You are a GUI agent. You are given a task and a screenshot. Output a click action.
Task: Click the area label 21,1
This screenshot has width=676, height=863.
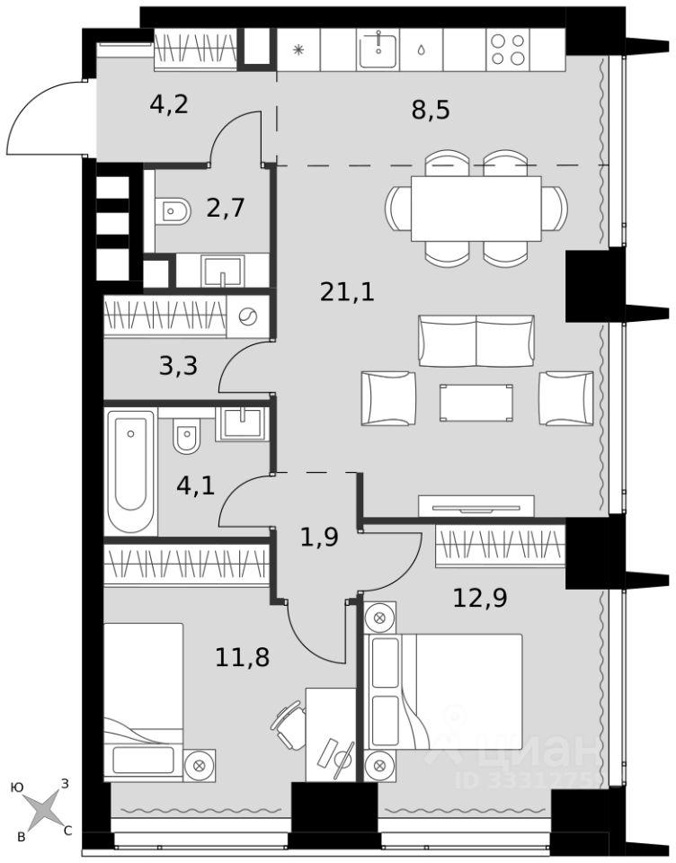347,291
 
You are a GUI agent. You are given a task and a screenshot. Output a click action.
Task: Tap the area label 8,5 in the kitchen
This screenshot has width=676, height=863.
431,110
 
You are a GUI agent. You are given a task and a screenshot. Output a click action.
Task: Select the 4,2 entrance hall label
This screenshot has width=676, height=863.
169,104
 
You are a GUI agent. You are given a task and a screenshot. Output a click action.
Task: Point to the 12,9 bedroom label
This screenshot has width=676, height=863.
479,598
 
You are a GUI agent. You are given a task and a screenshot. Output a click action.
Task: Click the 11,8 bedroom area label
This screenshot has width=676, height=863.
242,657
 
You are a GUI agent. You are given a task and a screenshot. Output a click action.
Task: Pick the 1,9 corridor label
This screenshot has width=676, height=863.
319,538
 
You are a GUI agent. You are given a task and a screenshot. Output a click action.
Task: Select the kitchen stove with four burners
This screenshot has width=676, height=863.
508,49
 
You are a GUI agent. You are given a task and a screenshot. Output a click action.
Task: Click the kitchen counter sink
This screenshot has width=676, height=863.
378,49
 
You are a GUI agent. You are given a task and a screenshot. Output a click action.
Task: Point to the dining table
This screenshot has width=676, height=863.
476,208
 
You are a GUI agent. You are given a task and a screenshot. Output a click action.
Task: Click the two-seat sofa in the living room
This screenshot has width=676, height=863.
476,341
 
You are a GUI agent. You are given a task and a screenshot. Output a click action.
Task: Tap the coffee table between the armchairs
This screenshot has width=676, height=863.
476,403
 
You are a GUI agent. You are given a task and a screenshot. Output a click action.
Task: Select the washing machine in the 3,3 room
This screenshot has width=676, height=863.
247,316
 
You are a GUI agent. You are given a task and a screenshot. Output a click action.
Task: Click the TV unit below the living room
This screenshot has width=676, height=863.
476,506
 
